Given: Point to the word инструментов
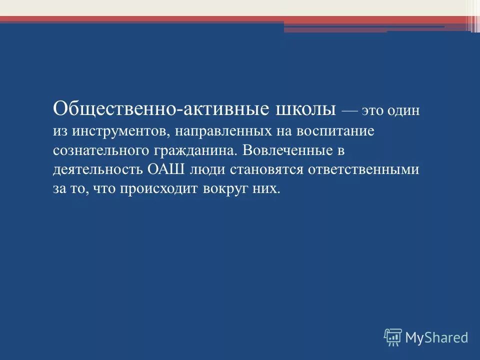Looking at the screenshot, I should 118,131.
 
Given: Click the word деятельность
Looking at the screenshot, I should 98,169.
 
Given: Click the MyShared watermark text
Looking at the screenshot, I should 436,337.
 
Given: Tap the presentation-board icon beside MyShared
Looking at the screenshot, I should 393,337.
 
